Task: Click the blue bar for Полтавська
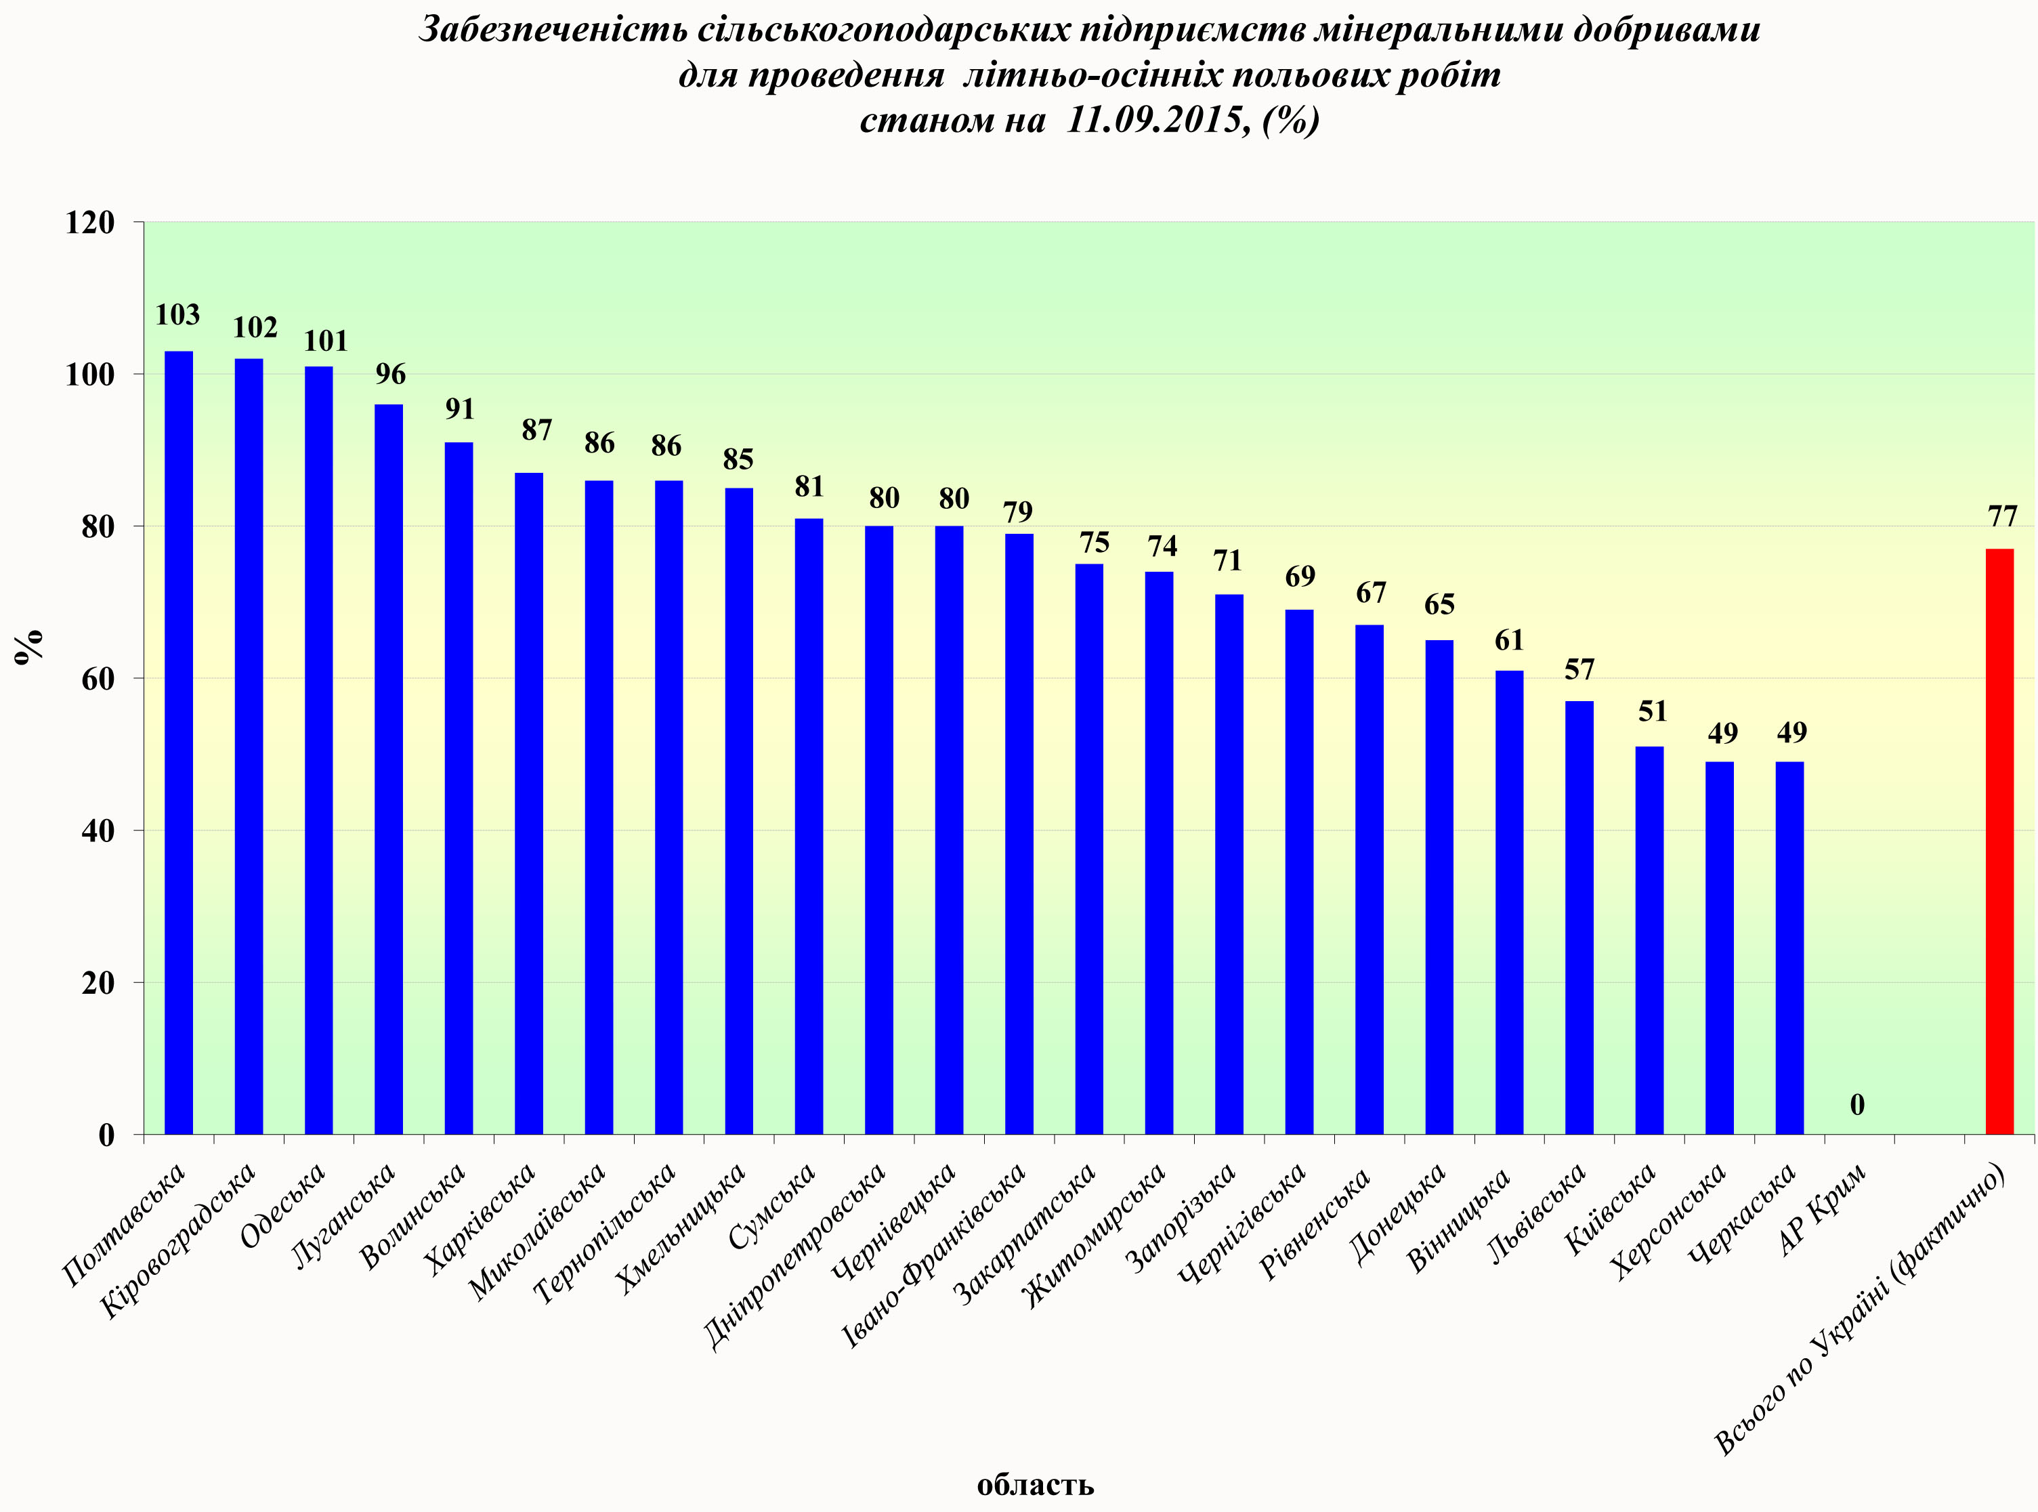click(x=178, y=741)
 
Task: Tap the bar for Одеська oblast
click(x=318, y=750)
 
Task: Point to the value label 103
click(x=177, y=315)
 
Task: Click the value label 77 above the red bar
click(x=2002, y=517)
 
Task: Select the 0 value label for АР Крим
click(x=1856, y=1105)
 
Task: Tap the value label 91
click(x=459, y=409)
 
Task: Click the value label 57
click(x=1579, y=670)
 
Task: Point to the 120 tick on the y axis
click(x=89, y=222)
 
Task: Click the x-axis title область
click(x=1035, y=1484)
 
